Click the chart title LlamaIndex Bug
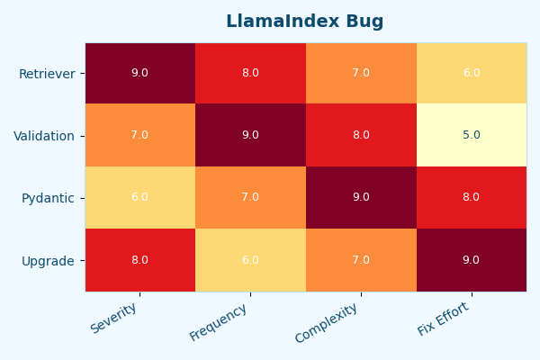(304, 22)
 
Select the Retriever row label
(47, 74)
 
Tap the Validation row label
(44, 136)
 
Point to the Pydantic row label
(48, 198)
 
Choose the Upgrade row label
(48, 261)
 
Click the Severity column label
(114, 318)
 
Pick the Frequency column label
(219, 321)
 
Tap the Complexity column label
(327, 322)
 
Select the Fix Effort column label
(444, 319)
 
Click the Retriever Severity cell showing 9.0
(139, 74)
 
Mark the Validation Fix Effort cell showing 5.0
(472, 136)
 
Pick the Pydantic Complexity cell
(361, 198)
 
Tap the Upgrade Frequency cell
(250, 260)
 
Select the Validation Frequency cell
(250, 136)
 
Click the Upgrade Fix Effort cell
(472, 260)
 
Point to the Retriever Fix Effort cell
(472, 74)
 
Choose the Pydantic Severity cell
(139, 198)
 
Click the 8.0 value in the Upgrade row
(139, 260)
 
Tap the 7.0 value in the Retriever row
(361, 74)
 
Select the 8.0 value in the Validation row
(361, 136)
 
